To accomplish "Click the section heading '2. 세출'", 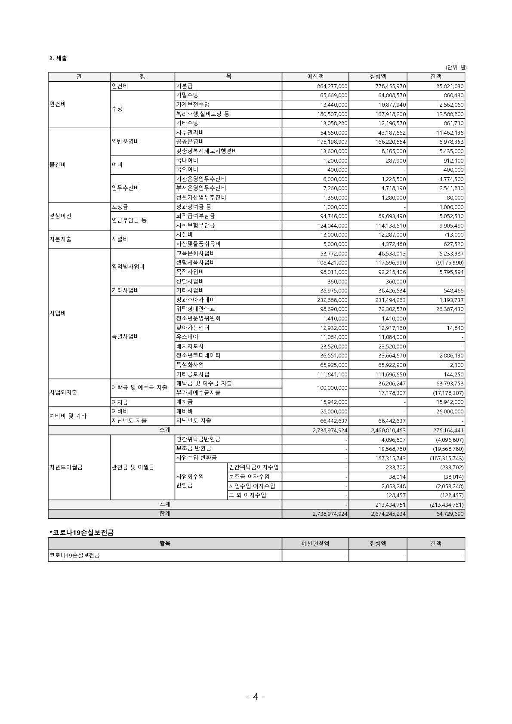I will (58, 58).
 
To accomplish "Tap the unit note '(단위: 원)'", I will (456, 67).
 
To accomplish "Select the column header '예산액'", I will (315, 77).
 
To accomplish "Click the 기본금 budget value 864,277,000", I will (332, 86).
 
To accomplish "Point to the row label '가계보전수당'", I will (193, 105).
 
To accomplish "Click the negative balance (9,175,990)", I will (449, 263).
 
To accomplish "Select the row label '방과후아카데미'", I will (196, 300).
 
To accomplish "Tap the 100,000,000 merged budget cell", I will (332, 388).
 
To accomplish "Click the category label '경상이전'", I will (60, 216).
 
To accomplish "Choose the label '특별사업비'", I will (125, 336).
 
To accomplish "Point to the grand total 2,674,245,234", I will (388, 514).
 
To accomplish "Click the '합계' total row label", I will (165, 514).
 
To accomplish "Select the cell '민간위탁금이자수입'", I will (254, 467).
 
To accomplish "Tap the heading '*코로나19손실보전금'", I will (81, 533).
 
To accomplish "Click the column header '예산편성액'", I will (315, 543).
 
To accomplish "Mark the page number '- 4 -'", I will (256, 696).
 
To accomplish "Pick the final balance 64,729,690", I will (449, 514).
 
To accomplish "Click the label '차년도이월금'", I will (66, 467).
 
